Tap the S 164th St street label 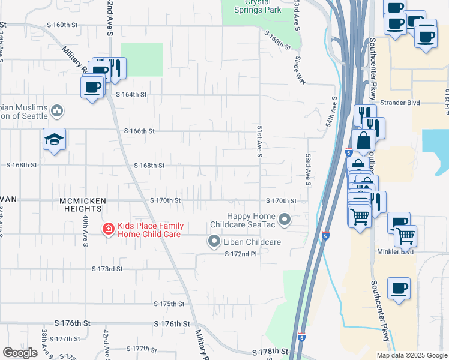coord(131,95)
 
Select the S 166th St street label coord(139,131)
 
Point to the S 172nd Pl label coord(240,254)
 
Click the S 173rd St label coord(107,269)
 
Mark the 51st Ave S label coord(260,142)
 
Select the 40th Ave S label coord(86,232)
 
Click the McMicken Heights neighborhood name coord(82,205)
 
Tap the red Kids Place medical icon coord(108,229)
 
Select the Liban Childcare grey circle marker coord(214,242)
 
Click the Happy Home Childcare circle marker coord(285,219)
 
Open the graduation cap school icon coord(55,140)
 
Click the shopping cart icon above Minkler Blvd coord(406,236)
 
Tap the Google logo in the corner coord(20,353)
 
